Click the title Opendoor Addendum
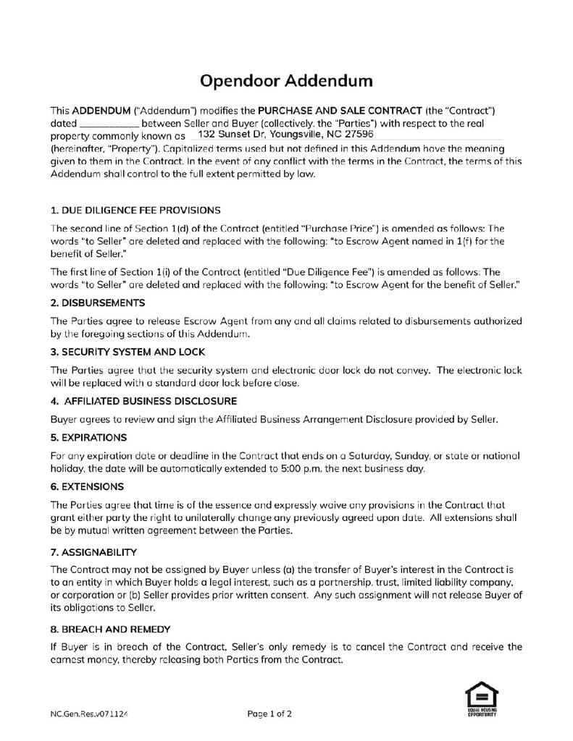point(286,80)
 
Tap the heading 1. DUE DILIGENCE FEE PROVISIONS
point(135,211)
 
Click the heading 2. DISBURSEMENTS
point(98,302)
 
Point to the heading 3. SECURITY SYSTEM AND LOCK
point(127,352)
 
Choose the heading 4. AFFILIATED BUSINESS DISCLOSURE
point(143,401)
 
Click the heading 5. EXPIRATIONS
point(88,437)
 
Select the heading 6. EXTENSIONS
point(87,486)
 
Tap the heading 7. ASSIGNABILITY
point(93,552)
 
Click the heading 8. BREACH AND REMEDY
point(110,629)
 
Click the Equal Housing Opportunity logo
point(481,699)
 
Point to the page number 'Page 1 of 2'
point(269,714)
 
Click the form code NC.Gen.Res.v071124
point(89,714)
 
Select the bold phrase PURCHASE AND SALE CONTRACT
point(340,111)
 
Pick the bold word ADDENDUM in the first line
point(101,111)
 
